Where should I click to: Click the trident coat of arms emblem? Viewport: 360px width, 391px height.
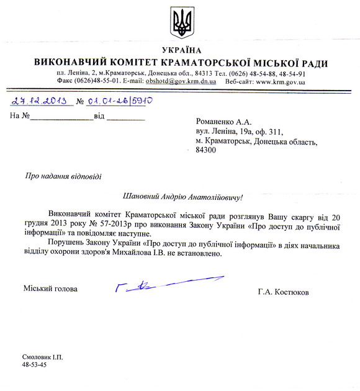click(181, 23)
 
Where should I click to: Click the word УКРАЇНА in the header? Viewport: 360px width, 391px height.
click(181, 50)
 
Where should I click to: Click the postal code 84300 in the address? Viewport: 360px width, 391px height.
click(205, 150)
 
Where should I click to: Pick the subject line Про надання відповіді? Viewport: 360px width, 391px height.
click(63, 176)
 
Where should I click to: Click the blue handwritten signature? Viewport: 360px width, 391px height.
click(149, 285)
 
